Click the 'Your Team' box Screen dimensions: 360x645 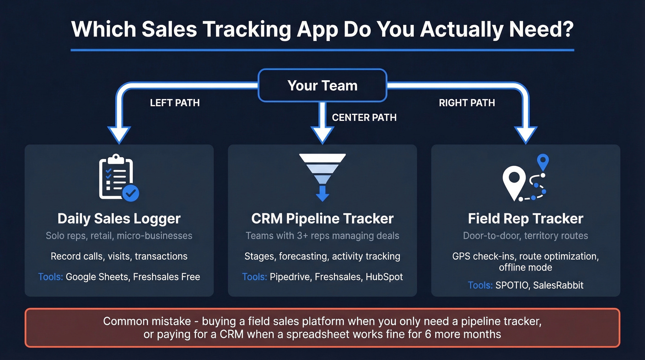tap(322, 85)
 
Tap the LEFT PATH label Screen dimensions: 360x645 tap(175, 103)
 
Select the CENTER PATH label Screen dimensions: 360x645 tap(364, 118)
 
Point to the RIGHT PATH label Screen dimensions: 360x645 tap(467, 103)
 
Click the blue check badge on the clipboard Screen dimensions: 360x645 tap(131, 194)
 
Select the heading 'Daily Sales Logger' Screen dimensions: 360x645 tap(119, 218)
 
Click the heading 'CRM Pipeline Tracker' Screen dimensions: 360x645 tap(322, 218)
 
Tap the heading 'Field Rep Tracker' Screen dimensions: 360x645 tap(525, 218)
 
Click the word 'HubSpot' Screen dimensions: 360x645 tap(384, 277)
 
